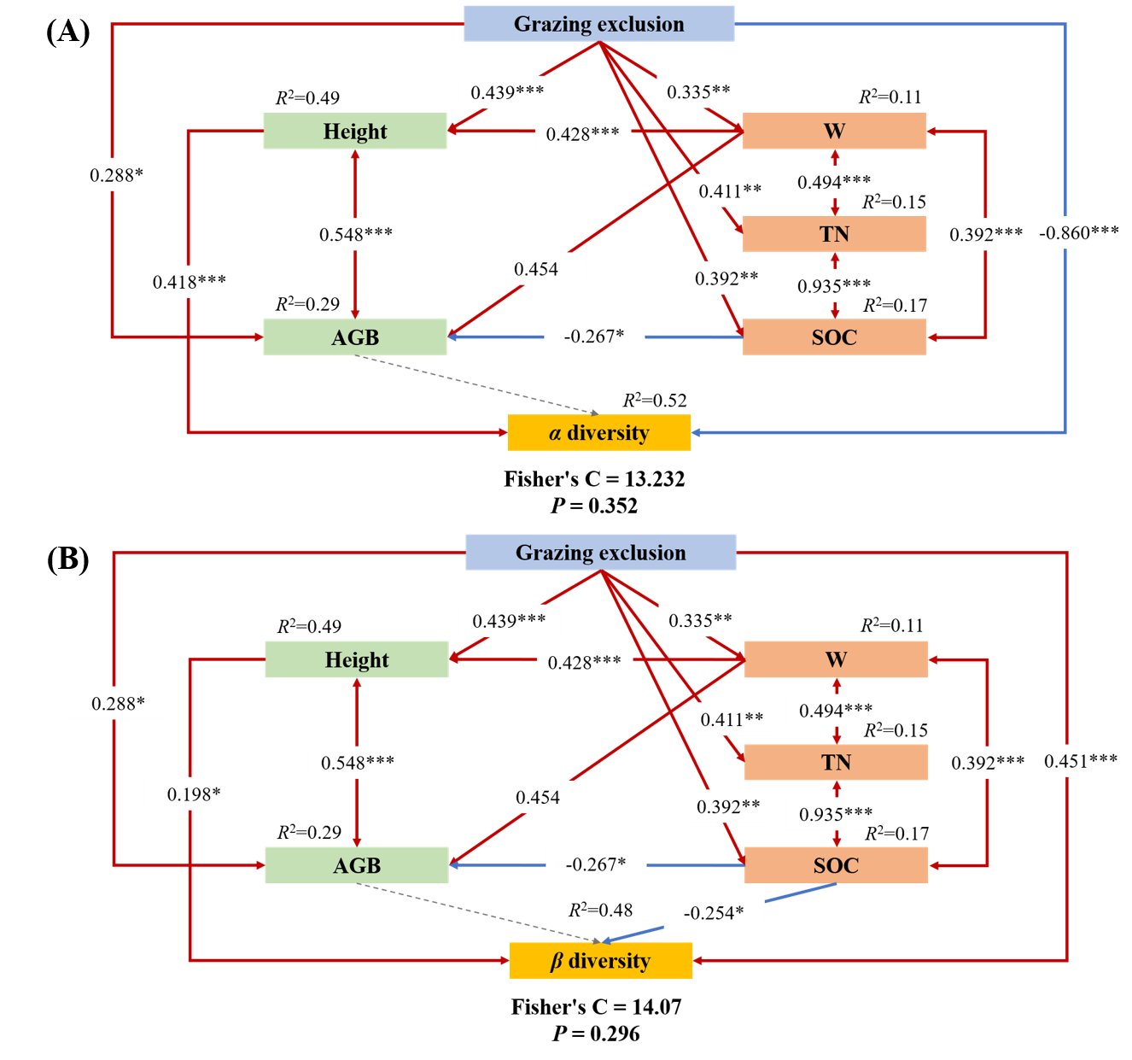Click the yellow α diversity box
click(x=598, y=433)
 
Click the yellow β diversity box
click(x=600, y=961)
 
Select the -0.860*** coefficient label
click(x=1079, y=232)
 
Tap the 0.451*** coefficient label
click(x=1081, y=761)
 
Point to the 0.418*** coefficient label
click(x=190, y=282)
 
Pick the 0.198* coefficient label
click(x=194, y=794)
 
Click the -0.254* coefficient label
click(x=714, y=913)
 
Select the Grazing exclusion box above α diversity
click(x=598, y=24)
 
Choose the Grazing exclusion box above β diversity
click(x=600, y=553)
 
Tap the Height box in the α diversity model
click(x=354, y=132)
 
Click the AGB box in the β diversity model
click(x=356, y=865)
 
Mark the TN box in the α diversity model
click(x=834, y=234)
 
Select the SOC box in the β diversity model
click(x=836, y=865)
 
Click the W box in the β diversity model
click(x=836, y=659)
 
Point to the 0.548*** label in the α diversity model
click(x=356, y=234)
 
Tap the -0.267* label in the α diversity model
click(x=594, y=336)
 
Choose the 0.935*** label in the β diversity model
click(x=836, y=814)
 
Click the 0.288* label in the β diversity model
click(x=119, y=704)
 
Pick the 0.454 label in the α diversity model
click(x=536, y=269)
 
